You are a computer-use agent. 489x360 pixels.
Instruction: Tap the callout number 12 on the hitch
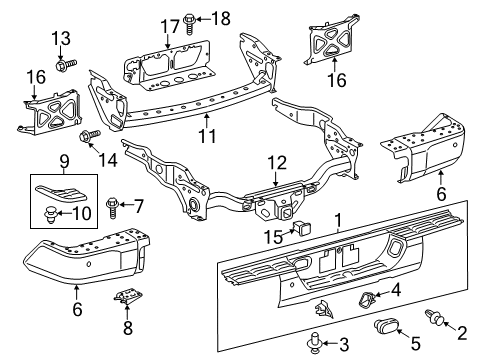(x=274, y=160)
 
